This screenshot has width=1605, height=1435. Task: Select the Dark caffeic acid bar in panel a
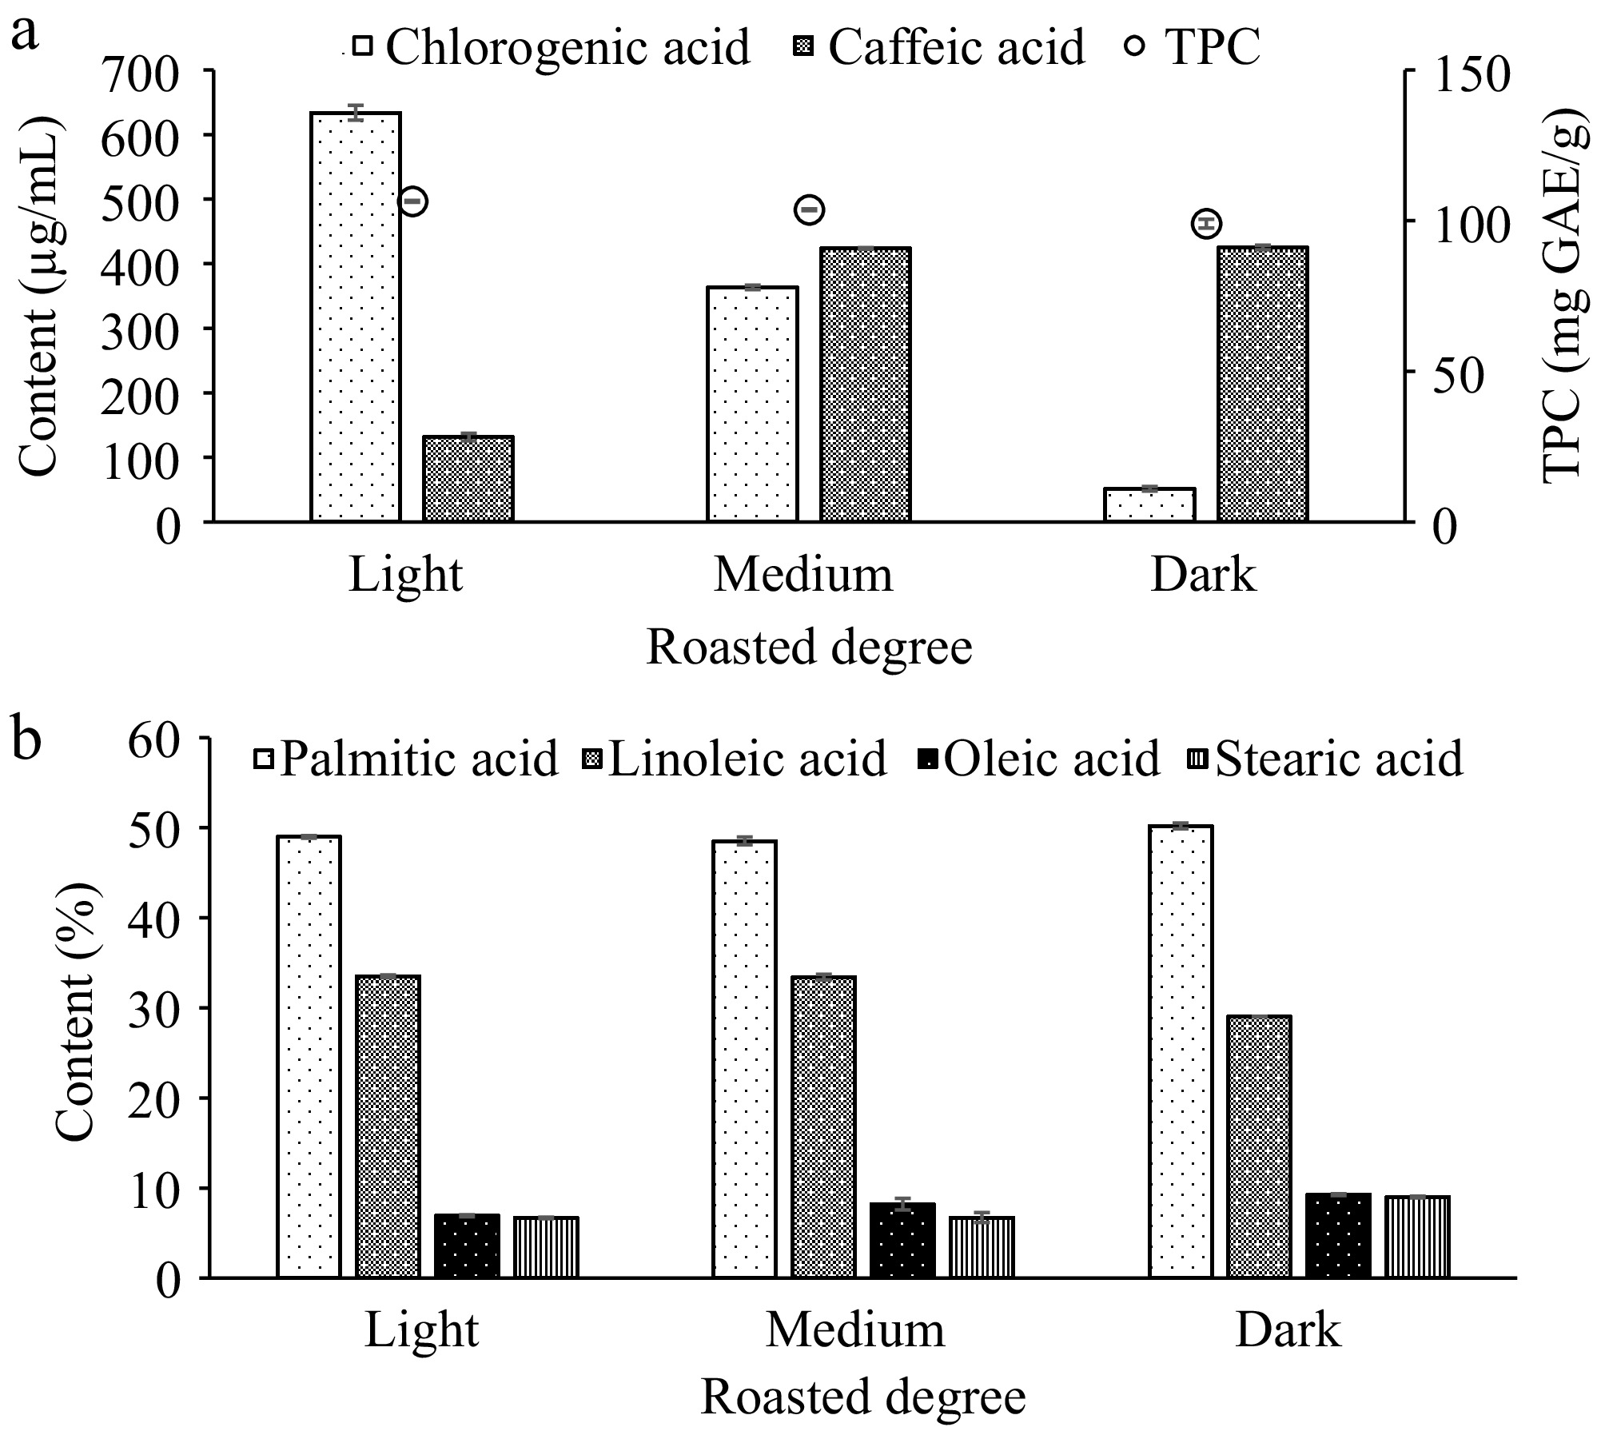point(1263,385)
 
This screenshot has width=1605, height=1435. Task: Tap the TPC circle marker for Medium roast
point(809,210)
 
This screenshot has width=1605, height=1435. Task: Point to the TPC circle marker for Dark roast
point(1206,223)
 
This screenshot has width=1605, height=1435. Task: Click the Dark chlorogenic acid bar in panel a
point(1149,504)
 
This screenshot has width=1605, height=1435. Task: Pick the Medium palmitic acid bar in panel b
point(744,1058)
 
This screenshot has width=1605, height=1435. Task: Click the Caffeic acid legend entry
point(938,46)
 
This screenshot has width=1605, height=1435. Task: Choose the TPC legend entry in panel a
point(1194,46)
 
